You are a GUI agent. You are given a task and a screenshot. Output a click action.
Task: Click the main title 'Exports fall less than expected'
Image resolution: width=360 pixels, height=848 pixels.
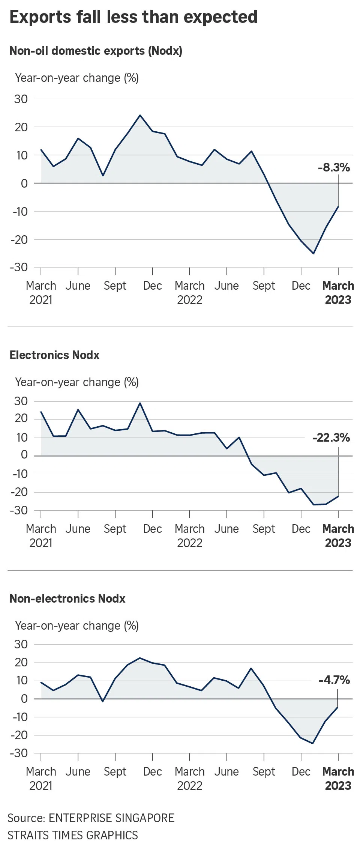point(133,17)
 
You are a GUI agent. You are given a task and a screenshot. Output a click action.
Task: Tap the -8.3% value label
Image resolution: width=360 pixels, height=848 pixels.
point(334,167)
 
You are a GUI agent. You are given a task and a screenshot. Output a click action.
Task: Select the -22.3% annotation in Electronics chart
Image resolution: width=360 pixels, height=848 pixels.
point(331,438)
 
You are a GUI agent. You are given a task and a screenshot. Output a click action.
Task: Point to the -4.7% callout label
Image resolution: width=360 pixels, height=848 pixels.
point(334,680)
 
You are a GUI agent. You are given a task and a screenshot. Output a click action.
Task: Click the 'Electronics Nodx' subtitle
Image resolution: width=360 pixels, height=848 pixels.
point(55,355)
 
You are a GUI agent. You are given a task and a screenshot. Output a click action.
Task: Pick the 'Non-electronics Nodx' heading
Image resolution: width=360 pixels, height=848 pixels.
point(67,598)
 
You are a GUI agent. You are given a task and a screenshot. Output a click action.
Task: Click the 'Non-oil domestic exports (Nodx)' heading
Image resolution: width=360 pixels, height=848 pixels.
point(96,51)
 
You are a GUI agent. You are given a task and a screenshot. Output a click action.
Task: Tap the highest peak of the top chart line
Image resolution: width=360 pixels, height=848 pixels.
point(140,115)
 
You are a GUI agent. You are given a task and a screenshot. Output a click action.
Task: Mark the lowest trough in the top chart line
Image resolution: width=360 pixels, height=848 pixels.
point(313,253)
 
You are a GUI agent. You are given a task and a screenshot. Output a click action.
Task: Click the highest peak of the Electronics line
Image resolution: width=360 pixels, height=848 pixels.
point(140,403)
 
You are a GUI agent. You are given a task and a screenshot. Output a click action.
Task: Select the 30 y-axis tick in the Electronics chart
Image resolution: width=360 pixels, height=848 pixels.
point(21,401)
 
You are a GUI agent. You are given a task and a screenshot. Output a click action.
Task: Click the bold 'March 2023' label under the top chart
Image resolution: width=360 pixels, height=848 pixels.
point(338,293)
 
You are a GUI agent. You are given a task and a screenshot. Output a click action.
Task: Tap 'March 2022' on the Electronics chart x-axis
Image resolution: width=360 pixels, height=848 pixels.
point(190,536)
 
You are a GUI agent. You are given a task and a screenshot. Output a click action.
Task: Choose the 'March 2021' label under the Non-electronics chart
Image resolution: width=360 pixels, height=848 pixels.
point(41,779)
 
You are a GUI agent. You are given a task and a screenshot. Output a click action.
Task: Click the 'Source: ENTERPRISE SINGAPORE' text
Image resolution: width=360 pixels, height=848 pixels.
point(91,818)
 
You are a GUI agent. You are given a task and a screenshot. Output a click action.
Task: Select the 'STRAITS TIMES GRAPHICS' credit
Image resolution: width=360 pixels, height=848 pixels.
point(73,835)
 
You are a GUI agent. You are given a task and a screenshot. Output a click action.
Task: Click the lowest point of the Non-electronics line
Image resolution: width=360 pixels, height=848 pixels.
point(312,743)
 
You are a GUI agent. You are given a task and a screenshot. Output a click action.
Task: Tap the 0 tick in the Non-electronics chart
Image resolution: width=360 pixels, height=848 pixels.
point(24,699)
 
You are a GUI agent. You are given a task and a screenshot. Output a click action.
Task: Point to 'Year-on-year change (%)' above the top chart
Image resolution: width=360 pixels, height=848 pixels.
point(77,78)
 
